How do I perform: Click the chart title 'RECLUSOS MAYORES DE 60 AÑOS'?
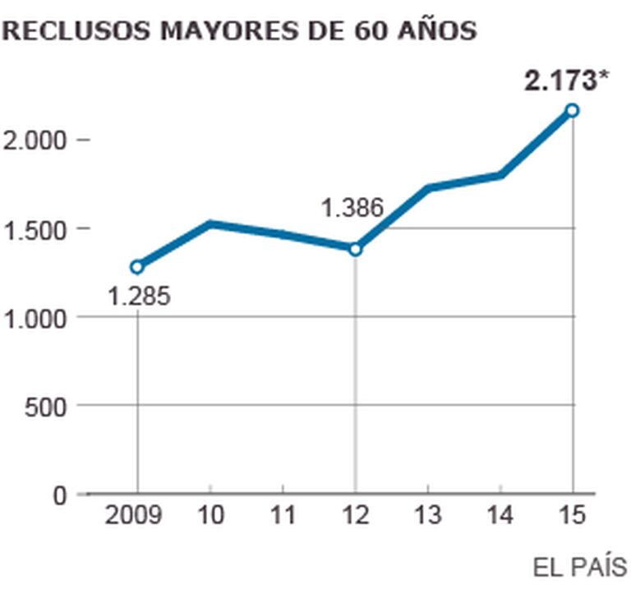(x=240, y=31)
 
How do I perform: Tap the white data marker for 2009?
(x=137, y=266)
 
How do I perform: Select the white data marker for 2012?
(x=355, y=249)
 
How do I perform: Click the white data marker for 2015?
(x=572, y=110)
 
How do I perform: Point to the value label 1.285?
(x=139, y=296)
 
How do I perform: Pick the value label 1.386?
(x=352, y=208)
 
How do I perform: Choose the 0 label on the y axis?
(x=60, y=495)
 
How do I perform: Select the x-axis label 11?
(x=283, y=516)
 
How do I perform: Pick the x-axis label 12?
(x=355, y=516)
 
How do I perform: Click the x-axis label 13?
(x=427, y=516)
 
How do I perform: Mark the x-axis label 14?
(x=500, y=516)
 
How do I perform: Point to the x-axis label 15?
(x=572, y=516)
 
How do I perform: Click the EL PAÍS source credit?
(x=579, y=567)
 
